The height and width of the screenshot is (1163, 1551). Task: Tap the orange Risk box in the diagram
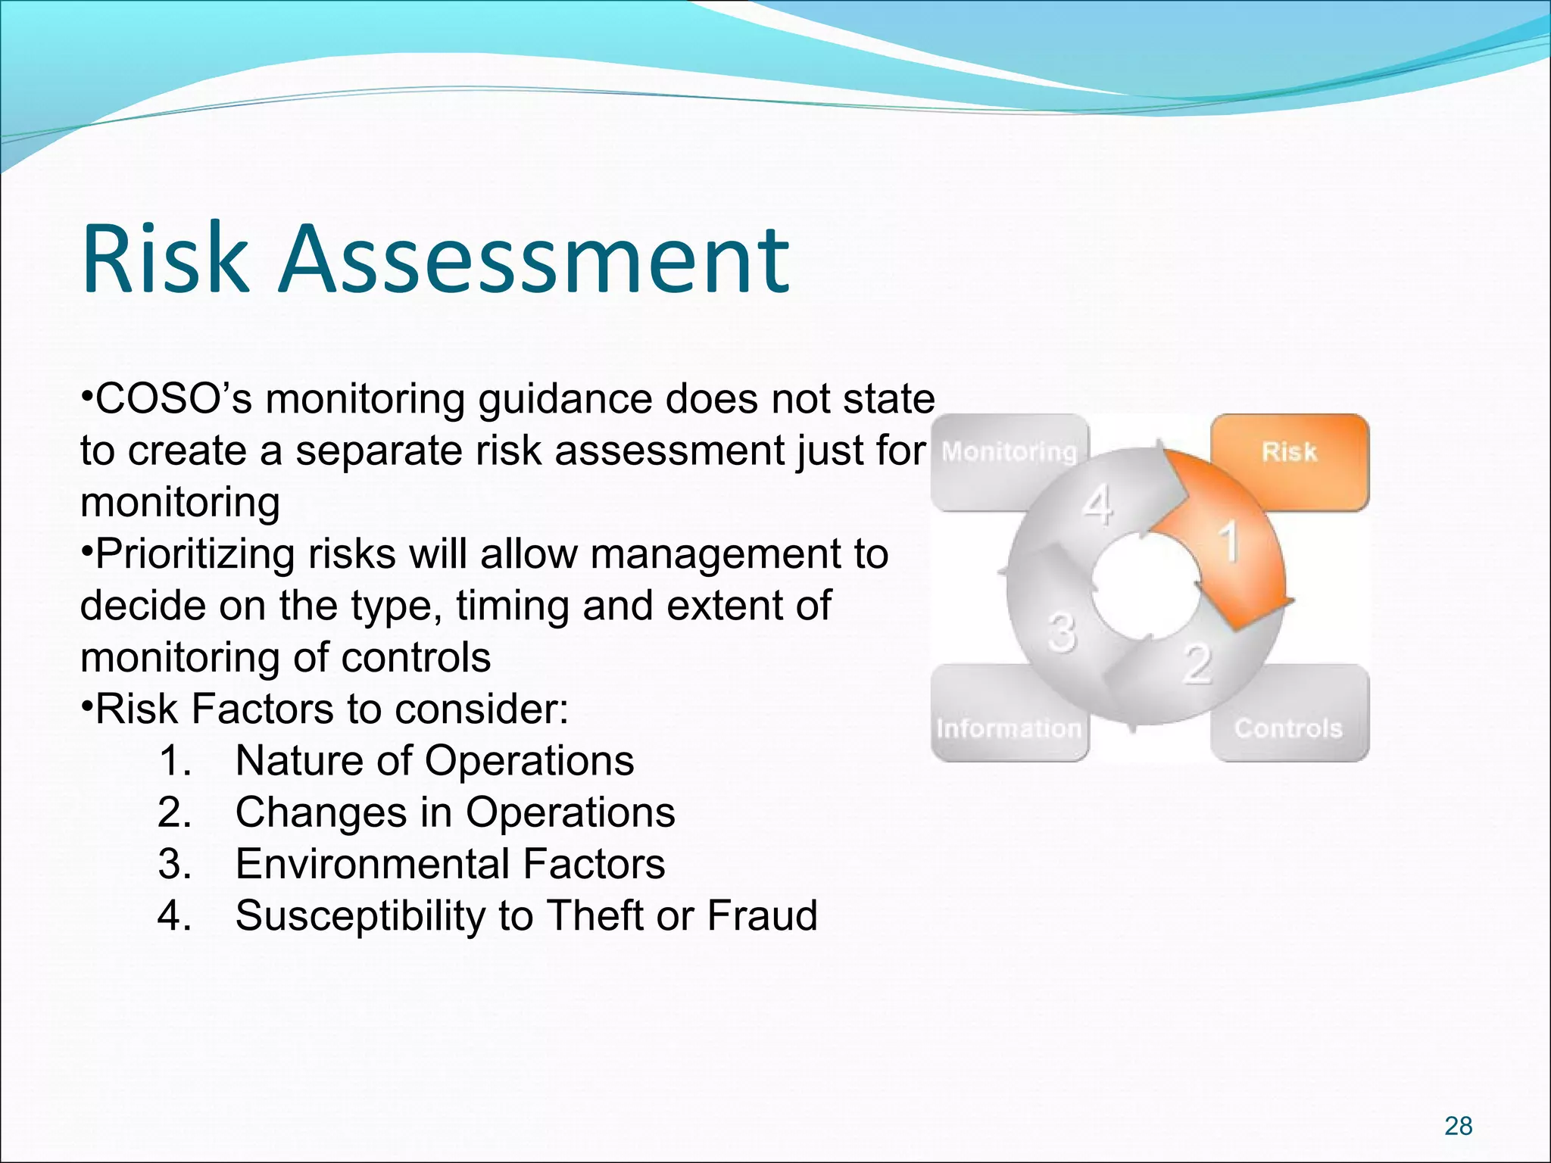[x=1290, y=461]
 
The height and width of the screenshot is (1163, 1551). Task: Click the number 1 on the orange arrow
[x=1228, y=542]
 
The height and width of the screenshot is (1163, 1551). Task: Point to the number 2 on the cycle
[x=1197, y=664]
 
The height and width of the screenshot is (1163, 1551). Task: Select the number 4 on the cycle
[x=1098, y=505]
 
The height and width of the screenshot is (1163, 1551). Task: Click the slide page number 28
[x=1458, y=1126]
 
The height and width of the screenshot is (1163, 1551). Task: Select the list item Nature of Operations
[x=434, y=760]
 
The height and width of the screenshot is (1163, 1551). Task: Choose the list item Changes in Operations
[x=454, y=812]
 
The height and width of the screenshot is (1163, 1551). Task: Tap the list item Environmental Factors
[x=450, y=864]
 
